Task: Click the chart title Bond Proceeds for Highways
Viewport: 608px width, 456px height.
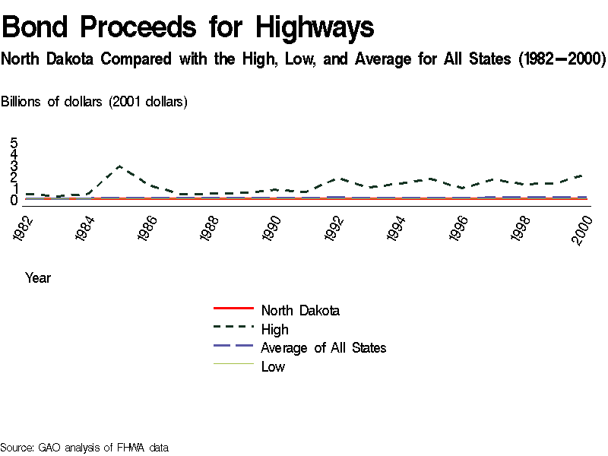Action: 188,28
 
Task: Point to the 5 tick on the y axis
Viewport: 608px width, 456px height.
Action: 14,143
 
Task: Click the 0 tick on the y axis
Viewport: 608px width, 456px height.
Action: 14,200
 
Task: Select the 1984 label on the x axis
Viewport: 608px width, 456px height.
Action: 87,229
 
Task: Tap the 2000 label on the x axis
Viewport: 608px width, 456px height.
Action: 584,229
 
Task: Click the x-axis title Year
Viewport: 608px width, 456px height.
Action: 38,278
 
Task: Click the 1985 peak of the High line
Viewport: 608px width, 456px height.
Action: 119,166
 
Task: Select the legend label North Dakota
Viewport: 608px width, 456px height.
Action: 300,310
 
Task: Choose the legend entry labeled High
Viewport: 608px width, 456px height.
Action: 274,329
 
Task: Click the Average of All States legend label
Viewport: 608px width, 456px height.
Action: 323,347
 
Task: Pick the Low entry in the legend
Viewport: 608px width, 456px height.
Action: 273,366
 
